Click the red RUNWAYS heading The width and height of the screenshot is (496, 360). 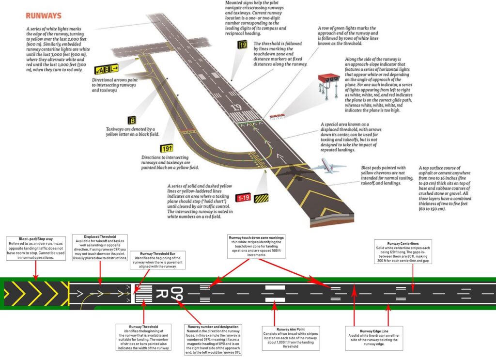point(44,16)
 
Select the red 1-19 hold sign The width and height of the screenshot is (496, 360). point(243,198)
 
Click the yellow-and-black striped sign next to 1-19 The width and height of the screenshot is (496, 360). point(262,198)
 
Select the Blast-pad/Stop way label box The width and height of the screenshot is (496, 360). point(36,249)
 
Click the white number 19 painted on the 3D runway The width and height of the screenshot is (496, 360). point(236,108)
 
